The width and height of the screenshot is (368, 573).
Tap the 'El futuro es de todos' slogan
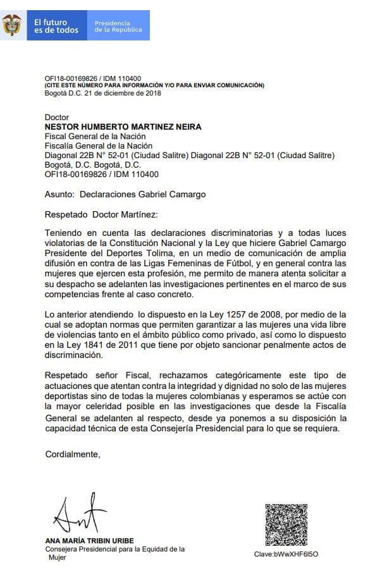tap(57, 26)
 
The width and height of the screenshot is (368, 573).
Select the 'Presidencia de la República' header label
tap(118, 26)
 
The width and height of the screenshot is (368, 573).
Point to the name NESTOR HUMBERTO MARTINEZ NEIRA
tap(123, 127)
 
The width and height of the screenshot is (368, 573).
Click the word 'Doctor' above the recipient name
tap(57, 118)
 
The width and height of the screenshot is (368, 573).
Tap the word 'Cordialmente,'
tap(73, 453)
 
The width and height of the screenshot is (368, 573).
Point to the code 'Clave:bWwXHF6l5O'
tap(286, 555)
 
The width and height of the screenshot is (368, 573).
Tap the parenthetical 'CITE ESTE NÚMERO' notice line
tap(154, 85)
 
